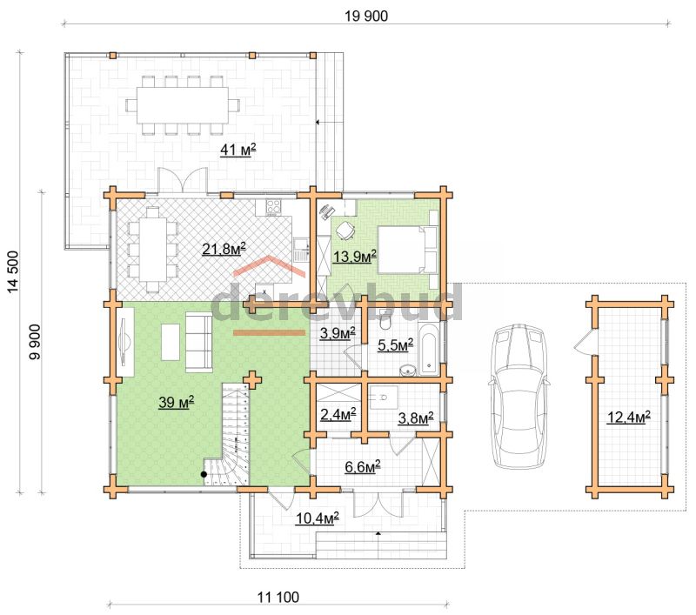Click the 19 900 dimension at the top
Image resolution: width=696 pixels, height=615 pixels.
[x=366, y=16]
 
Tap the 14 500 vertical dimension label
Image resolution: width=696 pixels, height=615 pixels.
[x=13, y=272]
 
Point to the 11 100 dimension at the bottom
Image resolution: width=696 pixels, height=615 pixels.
[x=278, y=598]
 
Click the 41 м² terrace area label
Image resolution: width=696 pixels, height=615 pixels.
[x=238, y=150]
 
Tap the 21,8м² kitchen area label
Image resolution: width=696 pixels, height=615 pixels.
[x=224, y=249]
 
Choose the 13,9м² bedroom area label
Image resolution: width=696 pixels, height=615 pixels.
[x=355, y=256]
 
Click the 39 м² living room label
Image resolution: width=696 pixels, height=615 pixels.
[x=177, y=402]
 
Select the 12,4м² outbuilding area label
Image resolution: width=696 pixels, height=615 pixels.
[x=629, y=417]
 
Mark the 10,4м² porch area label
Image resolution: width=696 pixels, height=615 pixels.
[x=318, y=518]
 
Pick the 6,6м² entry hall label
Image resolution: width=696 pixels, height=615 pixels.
[x=363, y=466]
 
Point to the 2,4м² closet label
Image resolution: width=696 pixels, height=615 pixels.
[x=338, y=414]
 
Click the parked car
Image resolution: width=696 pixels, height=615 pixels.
[x=519, y=397]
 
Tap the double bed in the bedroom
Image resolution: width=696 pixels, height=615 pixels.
[x=407, y=250]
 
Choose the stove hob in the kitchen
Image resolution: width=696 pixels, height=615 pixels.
[x=273, y=206]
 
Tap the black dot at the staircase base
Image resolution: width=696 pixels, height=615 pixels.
[x=204, y=474]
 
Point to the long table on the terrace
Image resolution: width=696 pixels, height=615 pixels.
[x=183, y=105]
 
